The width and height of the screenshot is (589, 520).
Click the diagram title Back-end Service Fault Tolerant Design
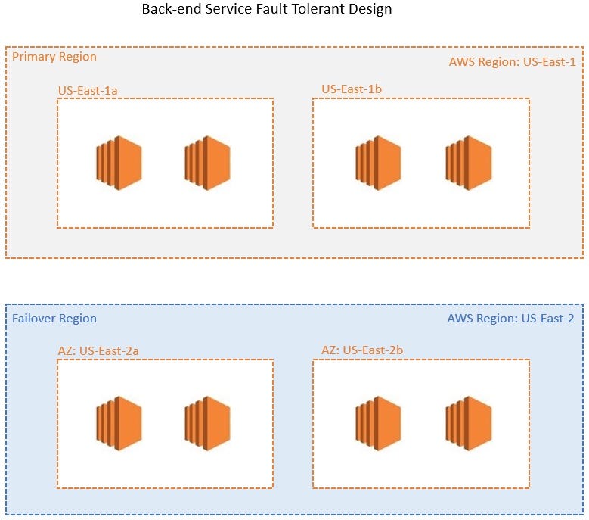[x=267, y=11]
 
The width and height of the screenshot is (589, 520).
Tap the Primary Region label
[x=54, y=57]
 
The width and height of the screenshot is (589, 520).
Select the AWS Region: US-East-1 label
[x=512, y=62]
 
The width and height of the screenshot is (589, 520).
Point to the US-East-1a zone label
[x=88, y=91]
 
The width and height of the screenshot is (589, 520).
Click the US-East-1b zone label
[x=351, y=89]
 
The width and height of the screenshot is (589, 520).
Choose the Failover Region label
[x=54, y=319]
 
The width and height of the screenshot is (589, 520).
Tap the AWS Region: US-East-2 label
[x=510, y=319]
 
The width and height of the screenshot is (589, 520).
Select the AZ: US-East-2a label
[x=98, y=350]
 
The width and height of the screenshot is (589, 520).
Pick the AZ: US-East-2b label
[x=362, y=350]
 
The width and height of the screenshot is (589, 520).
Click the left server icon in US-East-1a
[x=119, y=163]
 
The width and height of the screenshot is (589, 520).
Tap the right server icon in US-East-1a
[x=207, y=163]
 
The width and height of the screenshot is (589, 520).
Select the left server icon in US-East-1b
[x=378, y=163]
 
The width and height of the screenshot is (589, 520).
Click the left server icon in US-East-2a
[x=119, y=422]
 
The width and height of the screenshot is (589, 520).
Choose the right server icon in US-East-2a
[x=207, y=422]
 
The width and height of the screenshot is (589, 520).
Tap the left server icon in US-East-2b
[x=378, y=422]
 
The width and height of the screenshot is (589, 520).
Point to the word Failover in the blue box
[x=35, y=319]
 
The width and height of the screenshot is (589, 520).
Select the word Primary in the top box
[x=34, y=57]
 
